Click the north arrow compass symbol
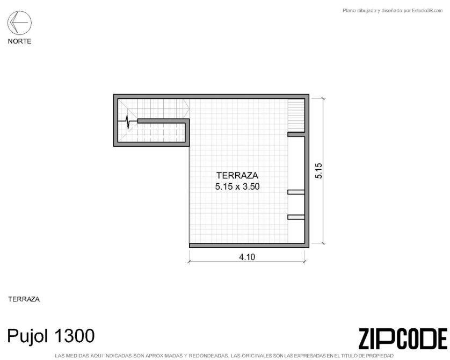[19, 23]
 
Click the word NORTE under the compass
[19, 41]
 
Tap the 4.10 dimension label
[247, 257]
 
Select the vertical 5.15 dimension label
[318, 171]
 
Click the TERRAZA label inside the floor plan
[237, 175]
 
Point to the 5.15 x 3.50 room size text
[237, 186]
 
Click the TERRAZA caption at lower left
[24, 299]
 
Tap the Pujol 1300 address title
[51, 336]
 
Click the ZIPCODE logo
[403, 339]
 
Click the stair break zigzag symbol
[127, 122]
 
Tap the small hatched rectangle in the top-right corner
[296, 116]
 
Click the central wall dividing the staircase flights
[163, 121]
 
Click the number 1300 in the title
[74, 336]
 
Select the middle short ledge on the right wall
[296, 192]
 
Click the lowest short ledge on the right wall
[296, 217]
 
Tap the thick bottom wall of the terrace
[249, 246]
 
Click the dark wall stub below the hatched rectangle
[296, 134]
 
